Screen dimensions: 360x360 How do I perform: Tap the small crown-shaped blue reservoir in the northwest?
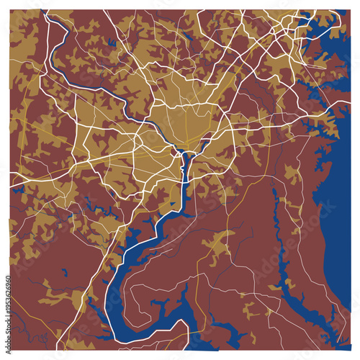[112, 43]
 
